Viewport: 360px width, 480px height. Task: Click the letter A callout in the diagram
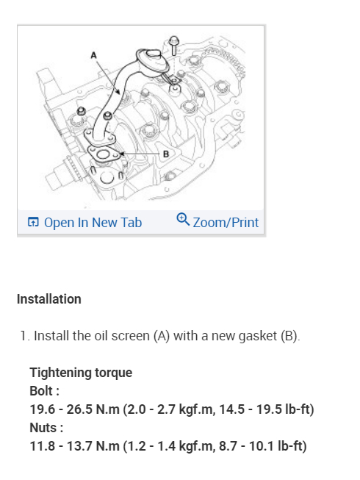93,55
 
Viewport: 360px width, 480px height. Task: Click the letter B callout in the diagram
166,154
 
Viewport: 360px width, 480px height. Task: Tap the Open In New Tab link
84,222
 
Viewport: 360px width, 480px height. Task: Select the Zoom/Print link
217,222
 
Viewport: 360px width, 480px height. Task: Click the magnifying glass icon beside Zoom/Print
183,219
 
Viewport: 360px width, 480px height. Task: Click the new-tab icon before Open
33,222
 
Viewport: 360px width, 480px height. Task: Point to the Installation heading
49,299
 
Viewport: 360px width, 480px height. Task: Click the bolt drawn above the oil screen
174,45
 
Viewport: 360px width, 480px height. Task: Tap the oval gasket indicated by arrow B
104,154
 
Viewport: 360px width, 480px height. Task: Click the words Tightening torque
81,373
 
